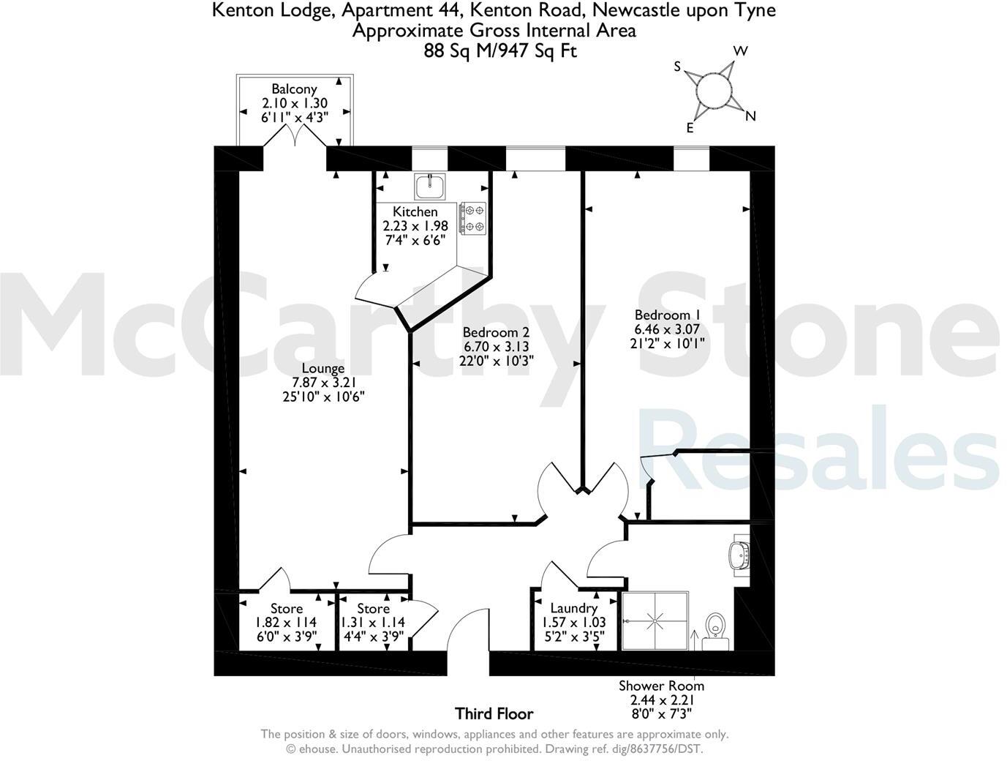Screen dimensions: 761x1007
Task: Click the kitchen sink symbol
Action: [x=429, y=187]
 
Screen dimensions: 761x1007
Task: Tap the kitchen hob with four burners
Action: [x=472, y=219]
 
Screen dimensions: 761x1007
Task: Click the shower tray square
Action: [x=655, y=621]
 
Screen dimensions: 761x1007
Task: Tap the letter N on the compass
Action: [x=750, y=116]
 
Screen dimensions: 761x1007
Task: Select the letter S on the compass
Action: [x=677, y=67]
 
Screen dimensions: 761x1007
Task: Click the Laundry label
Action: [x=573, y=608]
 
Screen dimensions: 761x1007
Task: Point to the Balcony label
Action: [x=294, y=89]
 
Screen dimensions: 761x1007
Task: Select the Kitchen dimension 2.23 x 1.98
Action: [x=415, y=226]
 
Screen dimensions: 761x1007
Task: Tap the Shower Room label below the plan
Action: [x=661, y=686]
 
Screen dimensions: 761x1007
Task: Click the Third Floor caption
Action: [x=494, y=713]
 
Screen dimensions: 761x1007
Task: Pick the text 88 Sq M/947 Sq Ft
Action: [x=500, y=51]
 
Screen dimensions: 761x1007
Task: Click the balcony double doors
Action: [x=294, y=137]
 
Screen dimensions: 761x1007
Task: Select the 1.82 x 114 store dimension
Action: [x=286, y=623]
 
